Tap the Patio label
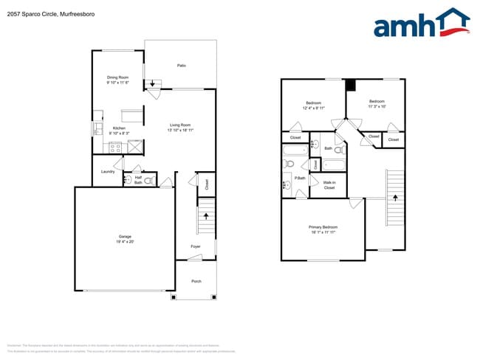pyautogui.click(x=181, y=66)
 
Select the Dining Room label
pyautogui.click(x=118, y=77)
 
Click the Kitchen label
pyautogui.click(x=119, y=128)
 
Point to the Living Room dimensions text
pyautogui.click(x=181, y=131)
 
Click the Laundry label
pyautogui.click(x=108, y=172)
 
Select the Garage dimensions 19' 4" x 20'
pyautogui.click(x=124, y=241)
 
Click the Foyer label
pyautogui.click(x=196, y=246)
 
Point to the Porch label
pyautogui.click(x=196, y=281)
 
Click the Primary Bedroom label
pyautogui.click(x=323, y=227)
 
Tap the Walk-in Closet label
pyautogui.click(x=329, y=186)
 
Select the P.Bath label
pyautogui.click(x=301, y=178)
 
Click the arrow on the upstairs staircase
pyautogui.click(x=395, y=198)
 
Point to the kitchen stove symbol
pyautogui.click(x=114, y=147)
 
